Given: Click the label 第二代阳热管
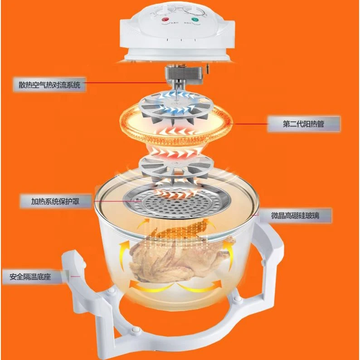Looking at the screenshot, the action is [303, 123].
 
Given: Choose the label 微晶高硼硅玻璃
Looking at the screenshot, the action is [295, 215].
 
